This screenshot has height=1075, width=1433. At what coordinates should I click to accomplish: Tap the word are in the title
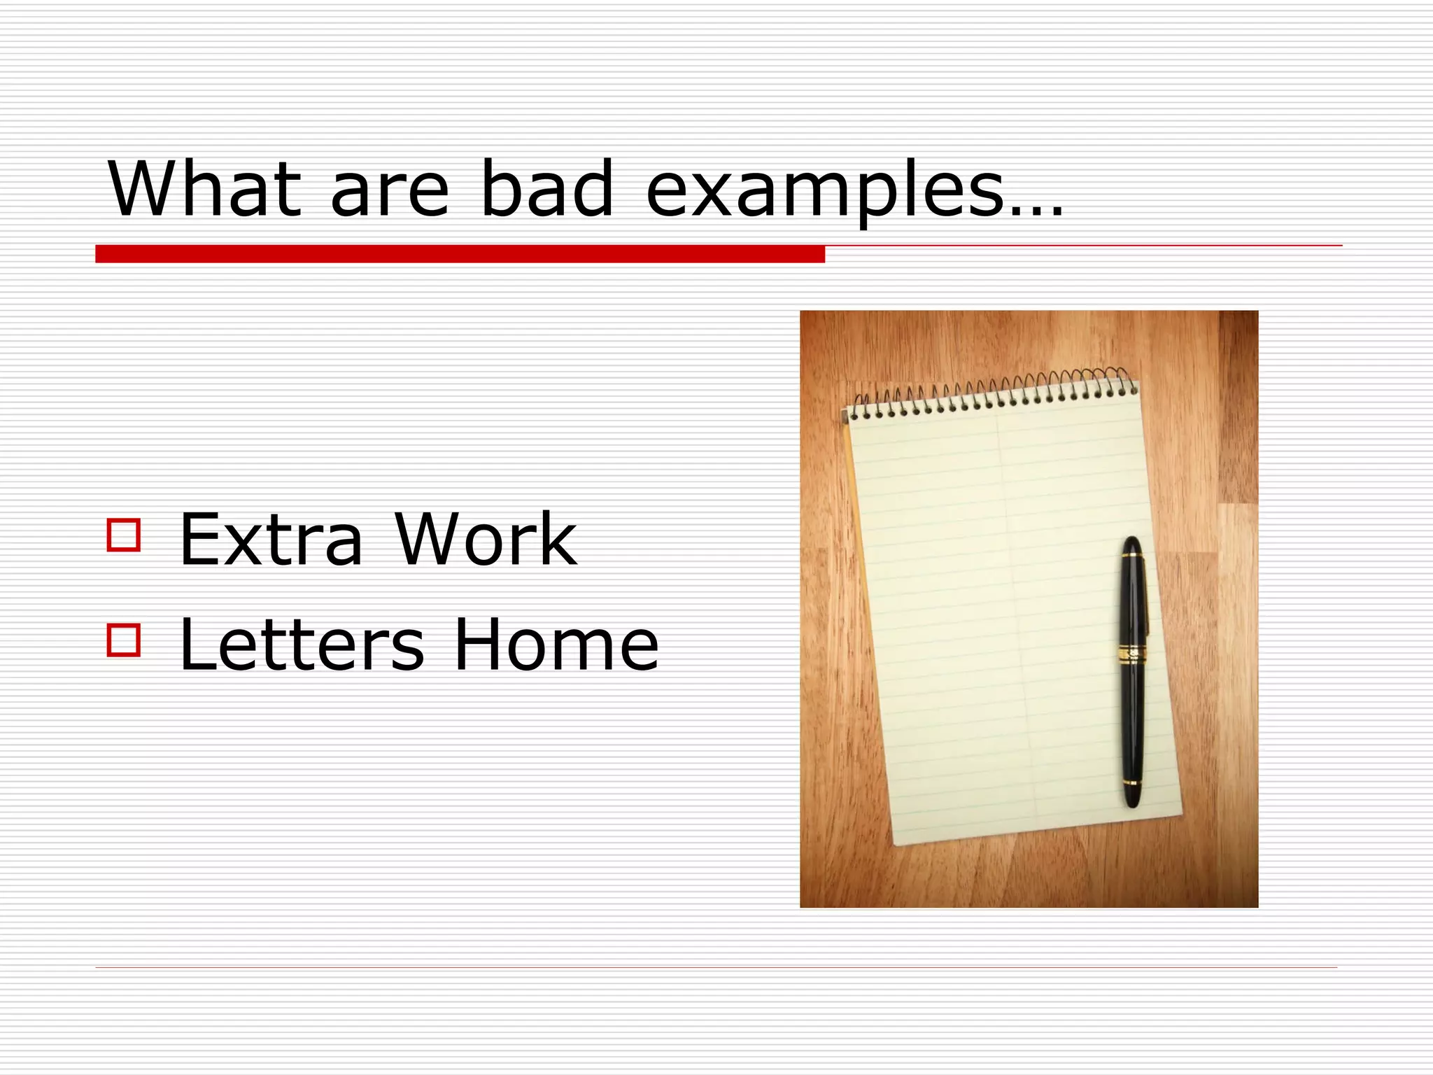[x=389, y=192]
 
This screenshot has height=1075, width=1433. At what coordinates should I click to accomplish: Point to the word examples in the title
[x=826, y=192]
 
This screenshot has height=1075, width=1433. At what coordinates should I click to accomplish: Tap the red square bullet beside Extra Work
[x=124, y=535]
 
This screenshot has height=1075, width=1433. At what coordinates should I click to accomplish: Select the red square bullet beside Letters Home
[x=124, y=640]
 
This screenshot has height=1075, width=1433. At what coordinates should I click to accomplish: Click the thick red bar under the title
[x=460, y=254]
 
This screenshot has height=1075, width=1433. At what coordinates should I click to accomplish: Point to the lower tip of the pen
[x=1132, y=803]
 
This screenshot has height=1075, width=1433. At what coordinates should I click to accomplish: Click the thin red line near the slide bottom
[x=716, y=967]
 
